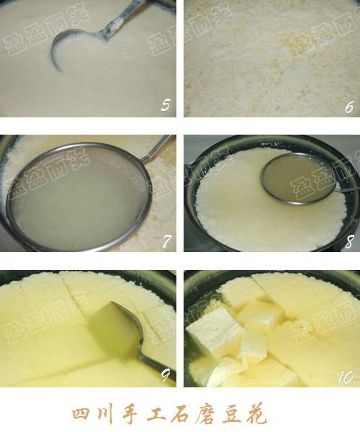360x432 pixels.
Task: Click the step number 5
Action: coord(166,104)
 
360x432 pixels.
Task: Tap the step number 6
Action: coord(349,107)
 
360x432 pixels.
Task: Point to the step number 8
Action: coord(349,242)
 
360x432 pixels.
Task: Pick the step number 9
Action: coord(166,376)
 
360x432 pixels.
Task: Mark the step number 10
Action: coord(346,377)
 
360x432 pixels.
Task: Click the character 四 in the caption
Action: coord(82,413)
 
